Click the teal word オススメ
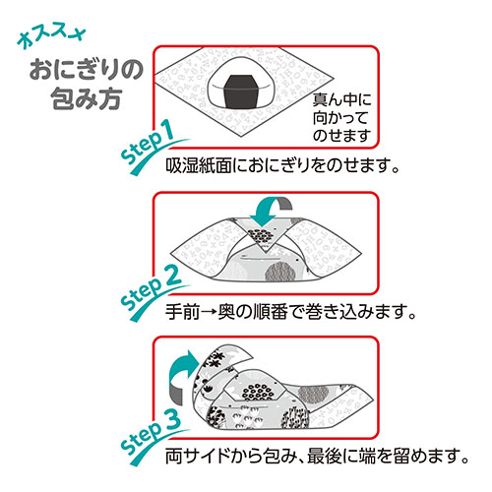coord(51,36)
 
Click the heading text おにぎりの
coord(87,70)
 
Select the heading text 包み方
coord(87,98)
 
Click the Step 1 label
coord(148,143)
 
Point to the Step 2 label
coord(151,288)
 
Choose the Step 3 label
coord(151,432)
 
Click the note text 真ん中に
coord(341,99)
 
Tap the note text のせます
coord(341,135)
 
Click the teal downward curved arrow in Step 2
coord(269,212)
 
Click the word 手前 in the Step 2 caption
coord(182,312)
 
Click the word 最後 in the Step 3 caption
coord(324,456)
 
